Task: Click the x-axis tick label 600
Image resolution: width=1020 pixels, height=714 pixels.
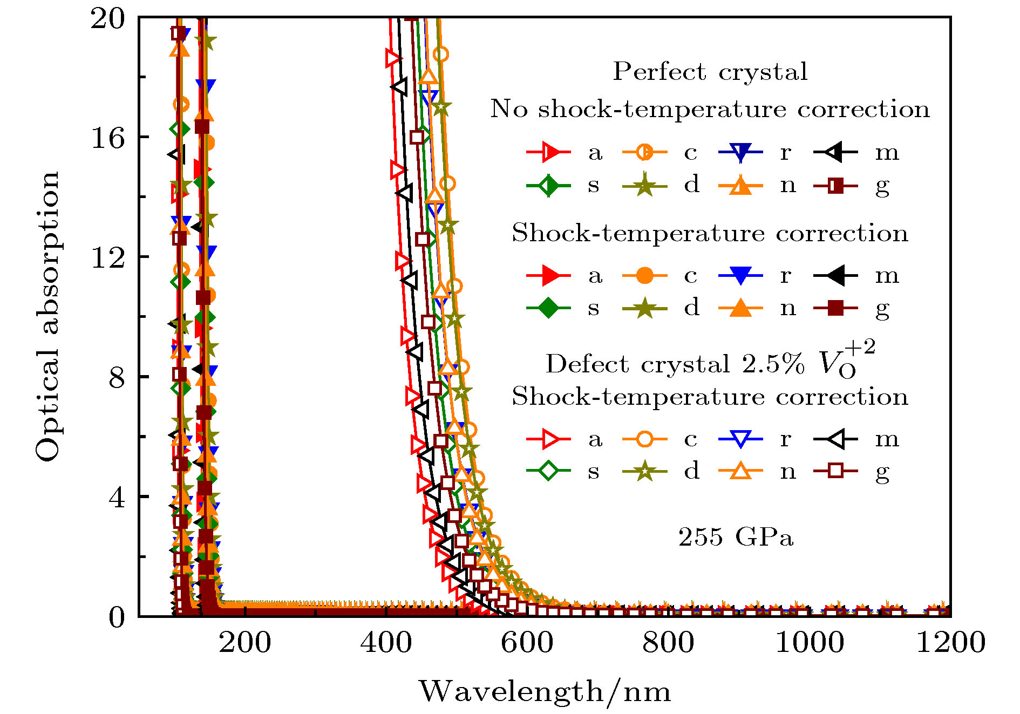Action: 527,643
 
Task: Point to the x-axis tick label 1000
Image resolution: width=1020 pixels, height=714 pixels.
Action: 810,643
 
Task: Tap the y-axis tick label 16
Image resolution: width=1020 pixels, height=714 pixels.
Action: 107,138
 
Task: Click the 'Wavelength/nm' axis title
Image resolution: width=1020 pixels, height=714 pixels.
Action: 545,692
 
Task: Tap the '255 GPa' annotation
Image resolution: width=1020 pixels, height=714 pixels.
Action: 736,538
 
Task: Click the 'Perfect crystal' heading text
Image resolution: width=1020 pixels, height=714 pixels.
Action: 710,72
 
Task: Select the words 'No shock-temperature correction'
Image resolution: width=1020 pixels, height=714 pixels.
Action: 710,109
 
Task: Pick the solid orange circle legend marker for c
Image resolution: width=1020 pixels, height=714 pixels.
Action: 644,275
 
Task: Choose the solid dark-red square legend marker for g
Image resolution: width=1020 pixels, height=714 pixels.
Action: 835,308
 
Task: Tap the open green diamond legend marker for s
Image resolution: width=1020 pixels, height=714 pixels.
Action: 548,471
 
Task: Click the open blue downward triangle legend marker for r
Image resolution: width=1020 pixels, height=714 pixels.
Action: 740,439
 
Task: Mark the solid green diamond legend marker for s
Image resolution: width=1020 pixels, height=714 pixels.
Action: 548,308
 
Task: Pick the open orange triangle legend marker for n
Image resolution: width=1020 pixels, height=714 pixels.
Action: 740,471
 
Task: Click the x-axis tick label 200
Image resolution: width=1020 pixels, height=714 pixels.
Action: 244,643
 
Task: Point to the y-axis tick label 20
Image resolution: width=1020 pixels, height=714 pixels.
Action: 107,19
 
